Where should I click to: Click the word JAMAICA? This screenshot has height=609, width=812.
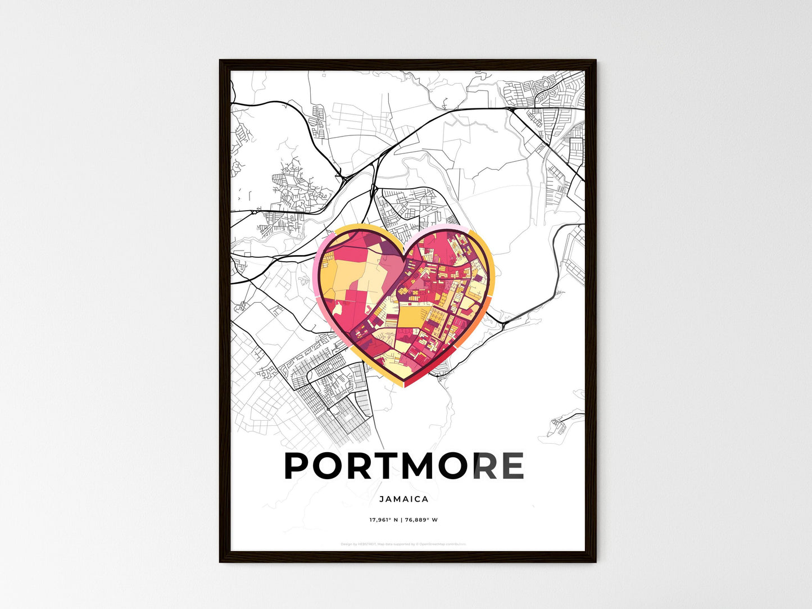pyautogui.click(x=403, y=499)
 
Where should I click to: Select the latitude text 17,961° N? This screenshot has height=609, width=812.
pyautogui.click(x=383, y=520)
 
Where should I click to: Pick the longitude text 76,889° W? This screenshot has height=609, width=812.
pyautogui.click(x=421, y=520)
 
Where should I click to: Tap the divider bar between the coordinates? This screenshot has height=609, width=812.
pyautogui.click(x=401, y=520)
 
